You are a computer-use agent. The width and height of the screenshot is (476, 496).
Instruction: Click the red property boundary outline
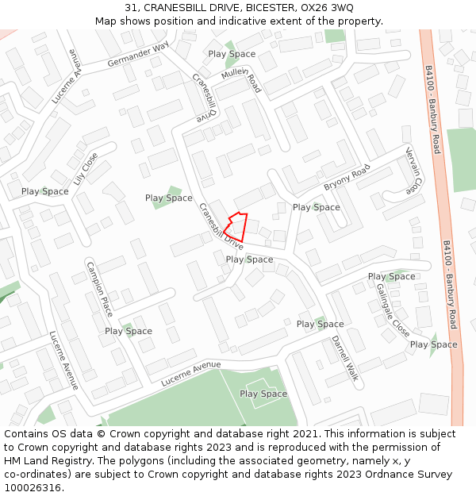point(237,227)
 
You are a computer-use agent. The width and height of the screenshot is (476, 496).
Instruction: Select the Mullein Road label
point(241,80)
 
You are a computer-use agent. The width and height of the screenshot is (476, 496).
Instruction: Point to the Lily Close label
point(85,168)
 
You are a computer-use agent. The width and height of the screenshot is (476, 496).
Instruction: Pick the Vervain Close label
point(411,171)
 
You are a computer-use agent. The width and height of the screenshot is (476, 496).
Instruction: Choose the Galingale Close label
point(393,310)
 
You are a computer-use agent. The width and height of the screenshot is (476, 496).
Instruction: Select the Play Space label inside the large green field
point(263,394)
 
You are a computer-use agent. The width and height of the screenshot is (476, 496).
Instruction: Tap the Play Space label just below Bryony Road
point(316,207)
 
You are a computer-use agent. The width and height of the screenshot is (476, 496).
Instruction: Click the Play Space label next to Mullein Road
point(232,54)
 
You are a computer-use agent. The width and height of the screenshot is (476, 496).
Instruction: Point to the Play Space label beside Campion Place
point(129,331)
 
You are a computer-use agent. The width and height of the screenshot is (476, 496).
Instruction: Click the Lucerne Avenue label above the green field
point(190,374)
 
